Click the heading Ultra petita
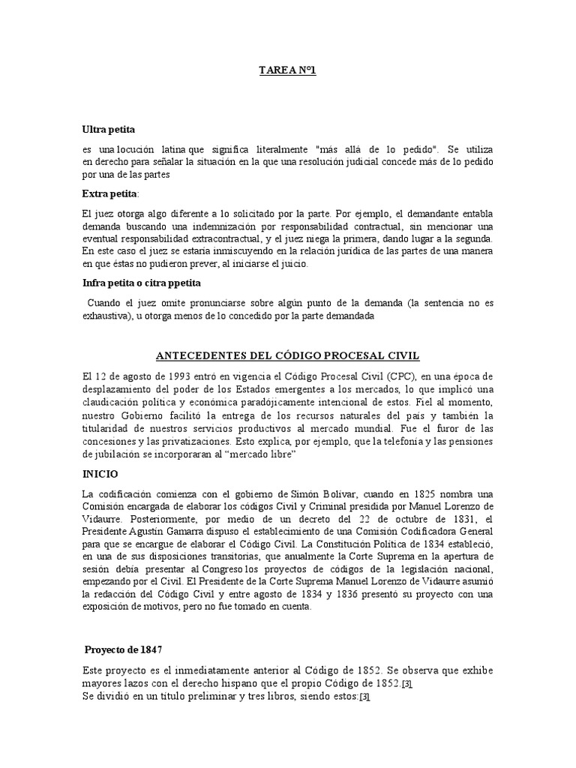(x=109, y=130)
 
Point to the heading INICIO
(x=100, y=474)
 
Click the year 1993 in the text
(x=171, y=376)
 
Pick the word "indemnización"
(x=225, y=226)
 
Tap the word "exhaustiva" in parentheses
(x=108, y=316)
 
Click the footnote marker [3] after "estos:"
(x=364, y=697)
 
